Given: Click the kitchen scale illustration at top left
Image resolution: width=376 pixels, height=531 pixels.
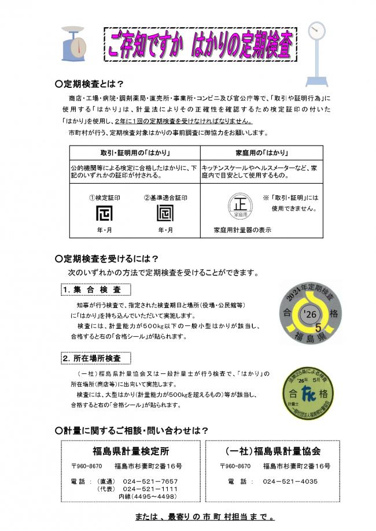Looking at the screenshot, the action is [x=74, y=43].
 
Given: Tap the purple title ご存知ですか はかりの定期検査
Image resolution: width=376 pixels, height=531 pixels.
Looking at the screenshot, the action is [x=200, y=44].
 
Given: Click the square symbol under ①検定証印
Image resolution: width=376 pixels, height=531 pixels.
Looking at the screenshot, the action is [x=104, y=214].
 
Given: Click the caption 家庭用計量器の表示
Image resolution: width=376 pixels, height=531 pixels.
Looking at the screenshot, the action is [x=242, y=229].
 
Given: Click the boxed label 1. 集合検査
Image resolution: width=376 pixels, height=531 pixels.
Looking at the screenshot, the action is [x=95, y=289].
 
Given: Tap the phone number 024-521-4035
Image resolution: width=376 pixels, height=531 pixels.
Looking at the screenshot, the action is [x=290, y=481].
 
